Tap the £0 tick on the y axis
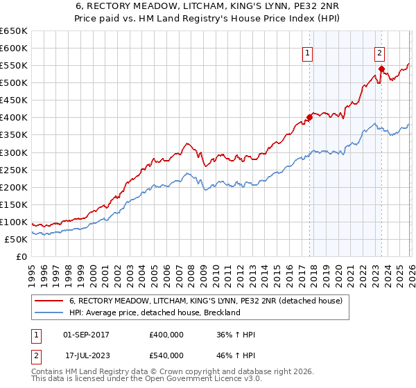click(x=22, y=256)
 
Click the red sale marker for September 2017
click(x=309, y=117)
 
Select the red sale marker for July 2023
click(x=381, y=69)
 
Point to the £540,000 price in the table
click(x=166, y=355)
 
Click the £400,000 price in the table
click(x=166, y=335)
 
